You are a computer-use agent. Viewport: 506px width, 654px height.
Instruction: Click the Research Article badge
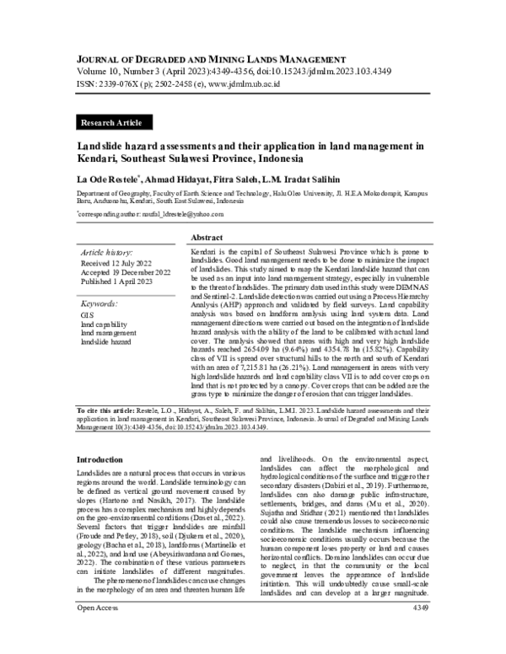[x=110, y=123]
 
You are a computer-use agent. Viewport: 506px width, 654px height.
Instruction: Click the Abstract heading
[x=207, y=239]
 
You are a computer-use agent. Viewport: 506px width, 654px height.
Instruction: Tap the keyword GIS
[x=87, y=314]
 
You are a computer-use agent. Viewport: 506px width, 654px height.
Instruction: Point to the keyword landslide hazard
[x=106, y=343]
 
